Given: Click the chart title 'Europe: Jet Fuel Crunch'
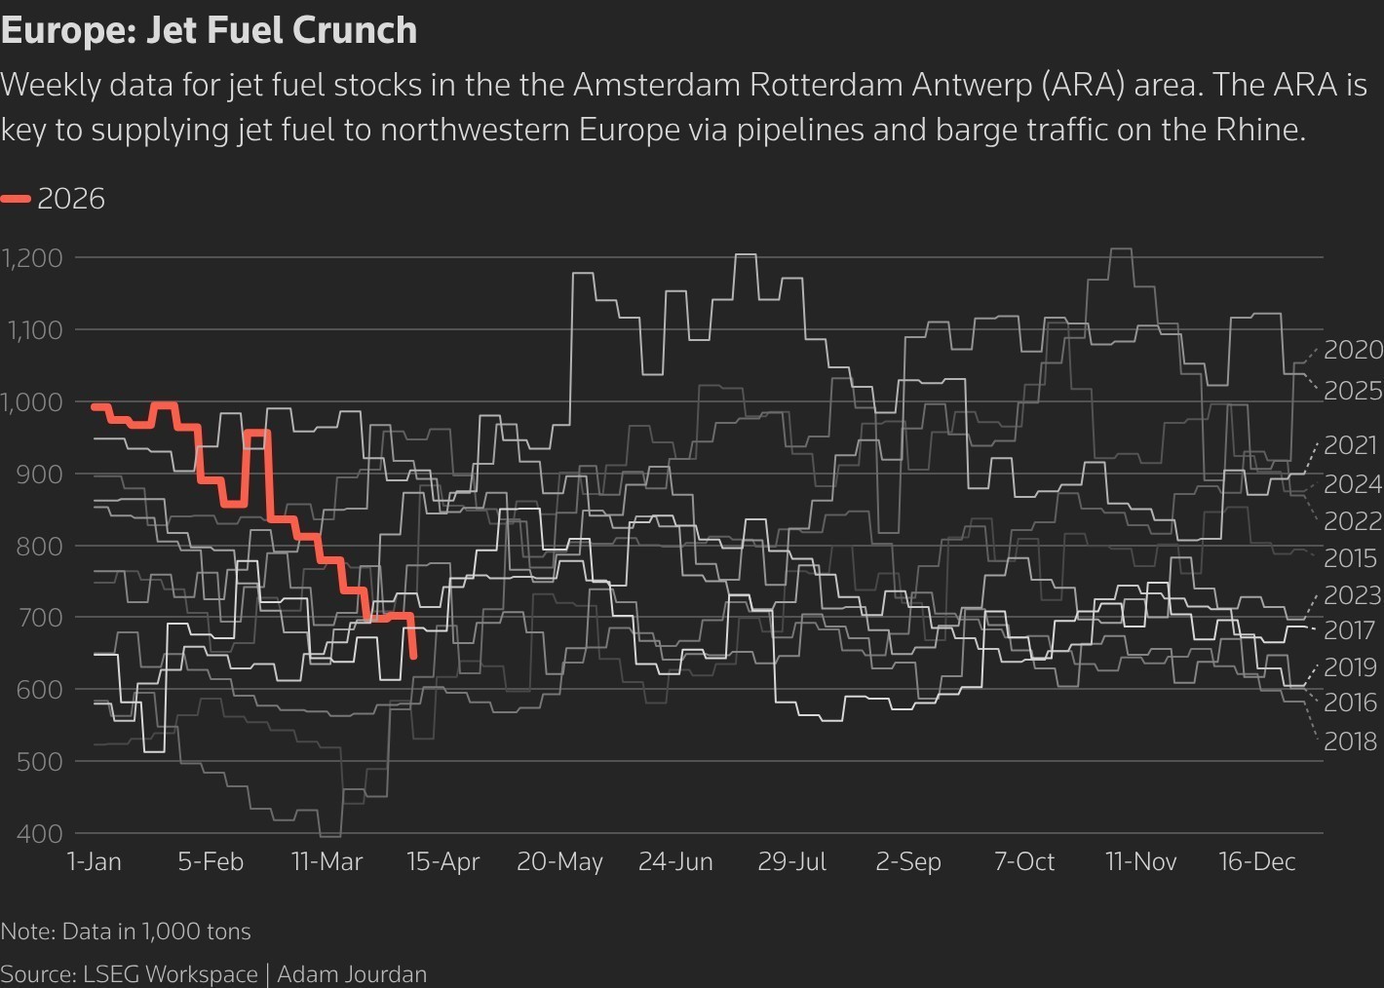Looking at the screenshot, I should [x=209, y=30].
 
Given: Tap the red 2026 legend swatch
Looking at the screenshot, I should [x=17, y=200].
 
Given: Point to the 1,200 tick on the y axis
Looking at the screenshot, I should [x=33, y=258].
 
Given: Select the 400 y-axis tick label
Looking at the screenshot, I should [x=39, y=834].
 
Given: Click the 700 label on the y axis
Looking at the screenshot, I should [x=39, y=618].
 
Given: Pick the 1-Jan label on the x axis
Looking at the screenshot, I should [x=94, y=862].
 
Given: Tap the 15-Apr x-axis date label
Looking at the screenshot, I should [x=442, y=862].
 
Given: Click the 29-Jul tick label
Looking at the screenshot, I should [x=791, y=862].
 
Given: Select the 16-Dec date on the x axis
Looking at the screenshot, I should [x=1256, y=862].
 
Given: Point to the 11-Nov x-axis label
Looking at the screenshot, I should [x=1140, y=862].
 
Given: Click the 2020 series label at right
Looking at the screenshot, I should [x=1353, y=350].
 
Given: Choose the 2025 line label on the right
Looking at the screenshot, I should [x=1353, y=391].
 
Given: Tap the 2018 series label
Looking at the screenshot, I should [x=1350, y=741].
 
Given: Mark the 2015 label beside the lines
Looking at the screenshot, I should [x=1350, y=558].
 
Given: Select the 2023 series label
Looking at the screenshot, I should [x=1353, y=594].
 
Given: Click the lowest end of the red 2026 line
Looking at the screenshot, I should [x=414, y=657].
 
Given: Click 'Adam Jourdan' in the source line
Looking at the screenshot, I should [x=352, y=974].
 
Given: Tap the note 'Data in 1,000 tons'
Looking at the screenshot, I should [x=156, y=931].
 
